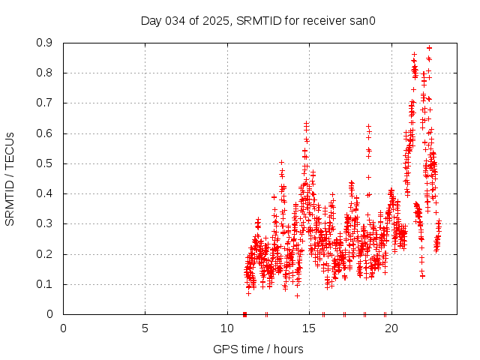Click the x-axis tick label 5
click(145, 328)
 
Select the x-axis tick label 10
click(227, 328)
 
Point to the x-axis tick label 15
click(309, 328)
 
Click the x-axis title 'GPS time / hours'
click(258, 349)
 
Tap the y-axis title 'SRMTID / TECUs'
click(10, 178)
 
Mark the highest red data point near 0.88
click(429, 48)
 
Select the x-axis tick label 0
click(63, 328)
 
